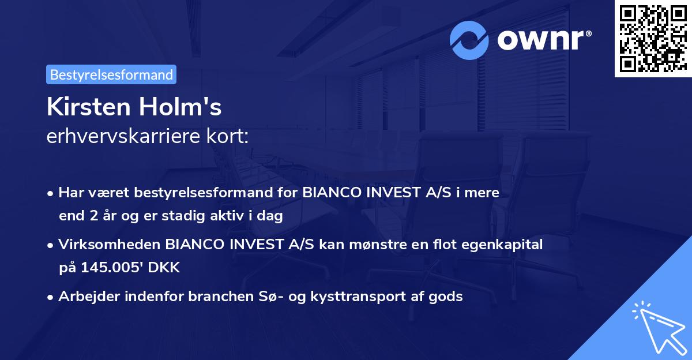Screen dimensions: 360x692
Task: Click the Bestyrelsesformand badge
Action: (x=111, y=74)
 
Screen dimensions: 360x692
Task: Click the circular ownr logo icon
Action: (x=469, y=40)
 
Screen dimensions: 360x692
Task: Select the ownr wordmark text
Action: (x=543, y=40)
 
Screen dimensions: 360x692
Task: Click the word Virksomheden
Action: (x=110, y=245)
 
